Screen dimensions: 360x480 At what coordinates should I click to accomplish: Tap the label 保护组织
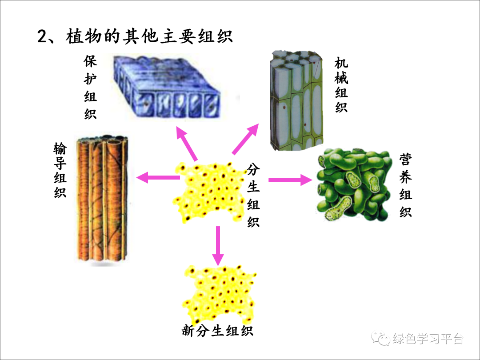90,87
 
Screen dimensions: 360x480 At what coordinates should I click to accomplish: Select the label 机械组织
341,84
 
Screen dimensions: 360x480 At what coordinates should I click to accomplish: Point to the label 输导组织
60,170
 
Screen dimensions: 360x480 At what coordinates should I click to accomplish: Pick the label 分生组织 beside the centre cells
253,195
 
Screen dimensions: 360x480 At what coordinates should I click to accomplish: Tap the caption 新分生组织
217,330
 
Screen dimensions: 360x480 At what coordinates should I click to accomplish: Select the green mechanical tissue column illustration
296,100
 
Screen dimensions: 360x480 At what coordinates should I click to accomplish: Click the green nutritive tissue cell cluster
354,185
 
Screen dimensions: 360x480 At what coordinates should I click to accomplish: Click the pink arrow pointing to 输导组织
158,178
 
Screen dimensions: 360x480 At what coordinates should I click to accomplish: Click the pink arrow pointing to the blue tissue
187,143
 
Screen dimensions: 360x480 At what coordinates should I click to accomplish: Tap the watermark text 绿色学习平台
428,339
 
